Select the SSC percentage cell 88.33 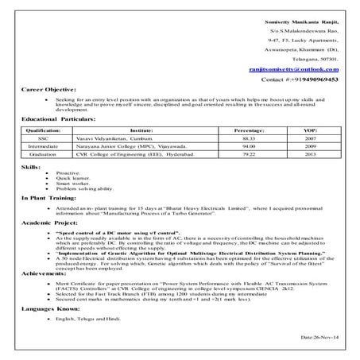pos(249,137)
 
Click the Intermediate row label pos(43,145)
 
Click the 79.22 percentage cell pos(249,154)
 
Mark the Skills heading pos(30,168)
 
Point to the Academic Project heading pos(49,225)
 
